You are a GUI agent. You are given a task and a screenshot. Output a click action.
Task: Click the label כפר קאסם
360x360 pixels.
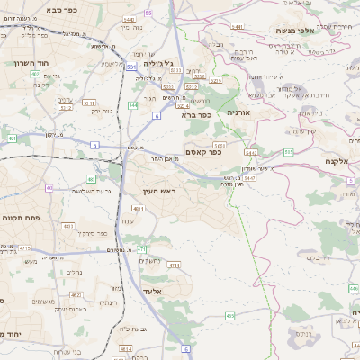[x=205, y=152]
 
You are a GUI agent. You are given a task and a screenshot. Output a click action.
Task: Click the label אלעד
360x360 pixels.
[x=153, y=291]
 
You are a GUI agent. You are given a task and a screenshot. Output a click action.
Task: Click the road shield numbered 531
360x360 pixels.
[x=131, y=66]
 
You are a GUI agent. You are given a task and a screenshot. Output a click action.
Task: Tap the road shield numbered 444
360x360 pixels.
[x=131, y=105]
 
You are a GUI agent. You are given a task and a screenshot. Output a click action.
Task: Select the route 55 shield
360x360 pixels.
[x=148, y=13]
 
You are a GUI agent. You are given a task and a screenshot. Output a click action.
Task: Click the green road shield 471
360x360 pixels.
[x=141, y=247]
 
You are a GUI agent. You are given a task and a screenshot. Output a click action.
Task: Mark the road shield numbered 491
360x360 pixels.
[x=12, y=139]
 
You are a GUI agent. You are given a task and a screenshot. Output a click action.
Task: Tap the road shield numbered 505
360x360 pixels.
[x=288, y=153]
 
